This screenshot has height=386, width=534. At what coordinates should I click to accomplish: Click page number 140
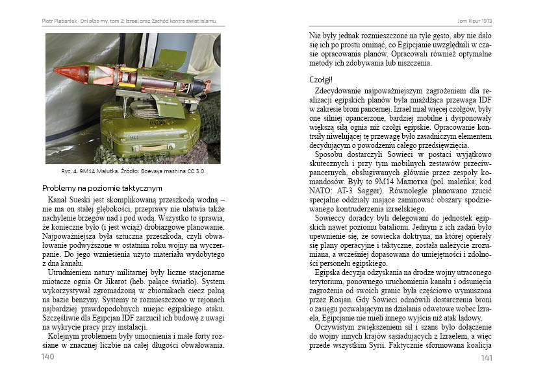(47, 357)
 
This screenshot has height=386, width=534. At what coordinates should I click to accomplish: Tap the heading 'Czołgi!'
(322, 79)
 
